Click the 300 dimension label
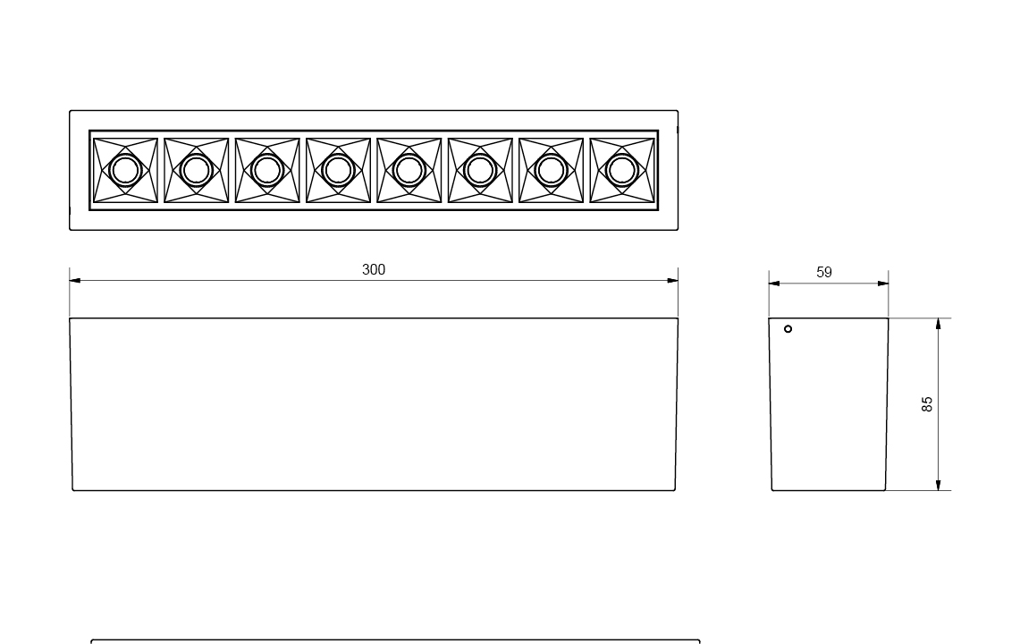(x=374, y=269)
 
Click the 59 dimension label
(x=824, y=272)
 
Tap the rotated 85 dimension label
(x=927, y=403)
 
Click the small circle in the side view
(x=788, y=329)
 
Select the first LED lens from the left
(x=125, y=171)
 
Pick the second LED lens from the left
(x=197, y=171)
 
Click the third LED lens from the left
(x=267, y=171)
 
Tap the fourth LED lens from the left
(x=338, y=171)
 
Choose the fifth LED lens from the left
(x=409, y=171)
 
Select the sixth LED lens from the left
(x=480, y=171)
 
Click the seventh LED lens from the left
(x=551, y=171)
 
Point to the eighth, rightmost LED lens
(x=622, y=171)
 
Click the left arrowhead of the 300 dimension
(x=75, y=281)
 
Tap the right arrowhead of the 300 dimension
(x=672, y=281)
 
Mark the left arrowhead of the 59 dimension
(x=774, y=284)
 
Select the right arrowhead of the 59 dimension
(x=882, y=284)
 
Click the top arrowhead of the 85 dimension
(x=938, y=324)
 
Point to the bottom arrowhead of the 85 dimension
(x=938, y=485)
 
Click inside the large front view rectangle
(x=374, y=404)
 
